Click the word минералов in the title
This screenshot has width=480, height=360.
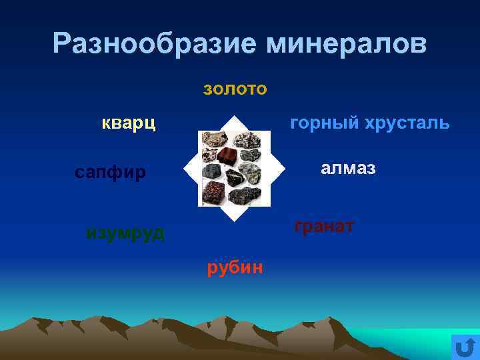[x=346, y=44]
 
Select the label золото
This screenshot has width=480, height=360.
[x=235, y=89]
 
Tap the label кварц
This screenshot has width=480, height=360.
[x=129, y=123]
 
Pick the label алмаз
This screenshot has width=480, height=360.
[x=348, y=168]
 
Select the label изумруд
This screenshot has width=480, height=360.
[x=125, y=233]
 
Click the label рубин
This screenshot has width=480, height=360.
[x=235, y=267]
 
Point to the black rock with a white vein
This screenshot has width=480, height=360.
[x=235, y=178]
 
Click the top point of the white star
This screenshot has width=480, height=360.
[x=236, y=117]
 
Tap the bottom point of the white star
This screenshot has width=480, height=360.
[x=235, y=219]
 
